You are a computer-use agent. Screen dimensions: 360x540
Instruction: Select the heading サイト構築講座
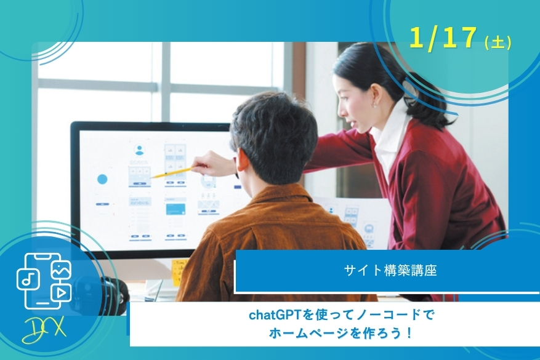[390, 270]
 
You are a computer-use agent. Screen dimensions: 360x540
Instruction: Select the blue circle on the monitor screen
[102, 179]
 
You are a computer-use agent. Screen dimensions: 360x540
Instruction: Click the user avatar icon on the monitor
[139, 150]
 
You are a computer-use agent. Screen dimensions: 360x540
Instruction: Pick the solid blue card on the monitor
[175, 209]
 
